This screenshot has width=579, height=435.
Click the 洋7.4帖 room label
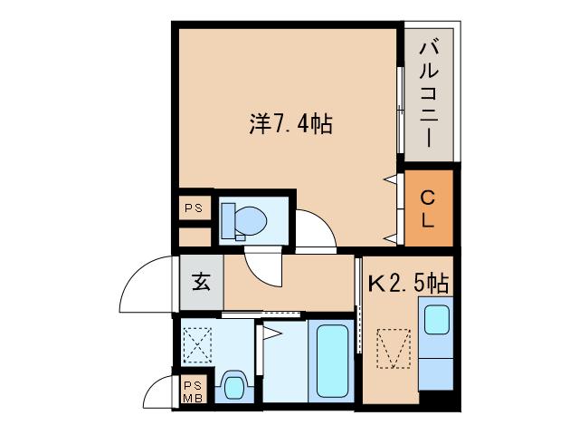(x=291, y=124)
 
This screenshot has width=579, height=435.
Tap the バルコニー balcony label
(x=429, y=94)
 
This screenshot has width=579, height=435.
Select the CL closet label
(x=428, y=209)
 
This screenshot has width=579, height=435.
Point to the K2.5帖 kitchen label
(x=409, y=284)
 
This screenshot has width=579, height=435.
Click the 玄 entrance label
(x=201, y=282)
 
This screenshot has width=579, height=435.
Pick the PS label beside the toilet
(x=194, y=208)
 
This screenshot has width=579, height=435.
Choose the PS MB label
(x=193, y=392)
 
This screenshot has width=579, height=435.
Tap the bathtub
(x=332, y=361)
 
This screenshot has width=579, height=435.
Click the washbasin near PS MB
(x=233, y=387)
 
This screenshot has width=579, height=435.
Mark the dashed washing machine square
(x=197, y=345)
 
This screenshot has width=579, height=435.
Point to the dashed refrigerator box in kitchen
(x=394, y=349)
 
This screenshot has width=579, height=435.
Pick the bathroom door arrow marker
(x=272, y=333)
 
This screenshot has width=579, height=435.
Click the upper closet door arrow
(x=391, y=179)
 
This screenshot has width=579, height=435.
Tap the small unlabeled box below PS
(x=195, y=237)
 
